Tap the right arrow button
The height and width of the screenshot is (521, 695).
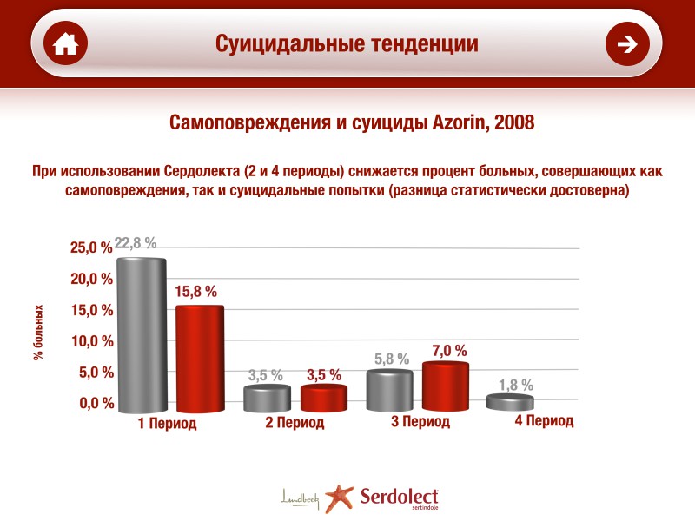point(627,44)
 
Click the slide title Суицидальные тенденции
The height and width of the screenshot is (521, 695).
point(347,43)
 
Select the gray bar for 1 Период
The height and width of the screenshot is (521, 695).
point(142,334)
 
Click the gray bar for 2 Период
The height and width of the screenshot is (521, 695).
point(267,399)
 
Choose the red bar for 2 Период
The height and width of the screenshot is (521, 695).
point(324,399)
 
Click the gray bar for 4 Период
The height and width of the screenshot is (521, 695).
point(510,402)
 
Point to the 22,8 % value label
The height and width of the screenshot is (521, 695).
point(136,243)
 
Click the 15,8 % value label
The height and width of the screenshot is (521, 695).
point(196,292)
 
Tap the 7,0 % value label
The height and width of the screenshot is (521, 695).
point(449,351)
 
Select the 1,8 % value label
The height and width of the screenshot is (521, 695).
point(516,385)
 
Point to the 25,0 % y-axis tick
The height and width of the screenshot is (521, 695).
point(91,248)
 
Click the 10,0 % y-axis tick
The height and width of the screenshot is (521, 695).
point(91,341)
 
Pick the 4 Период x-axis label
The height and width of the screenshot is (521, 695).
point(544,421)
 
